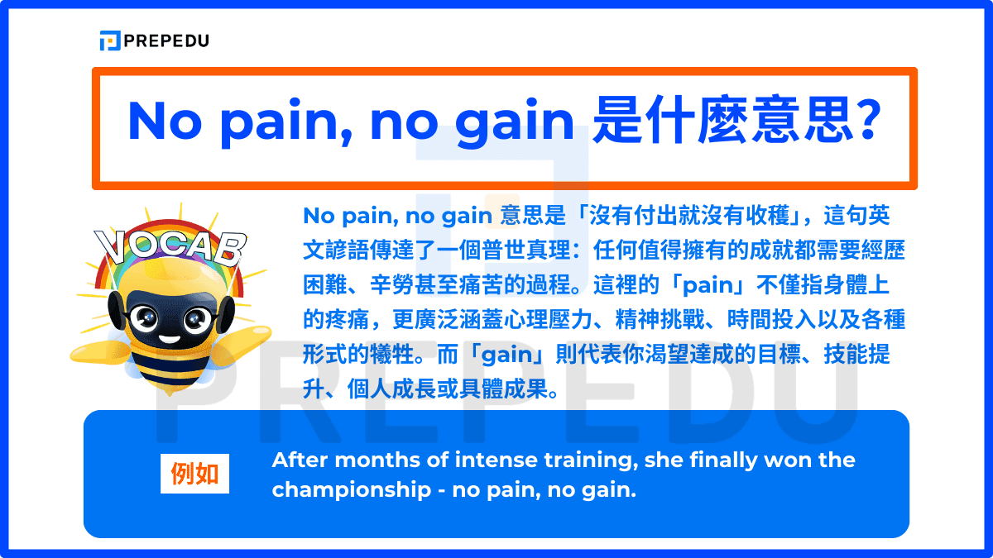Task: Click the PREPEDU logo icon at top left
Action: (x=109, y=41)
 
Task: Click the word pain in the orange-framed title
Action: (x=275, y=122)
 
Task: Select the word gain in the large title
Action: (x=514, y=122)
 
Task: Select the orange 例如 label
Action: (x=194, y=475)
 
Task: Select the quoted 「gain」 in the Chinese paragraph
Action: (x=506, y=355)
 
